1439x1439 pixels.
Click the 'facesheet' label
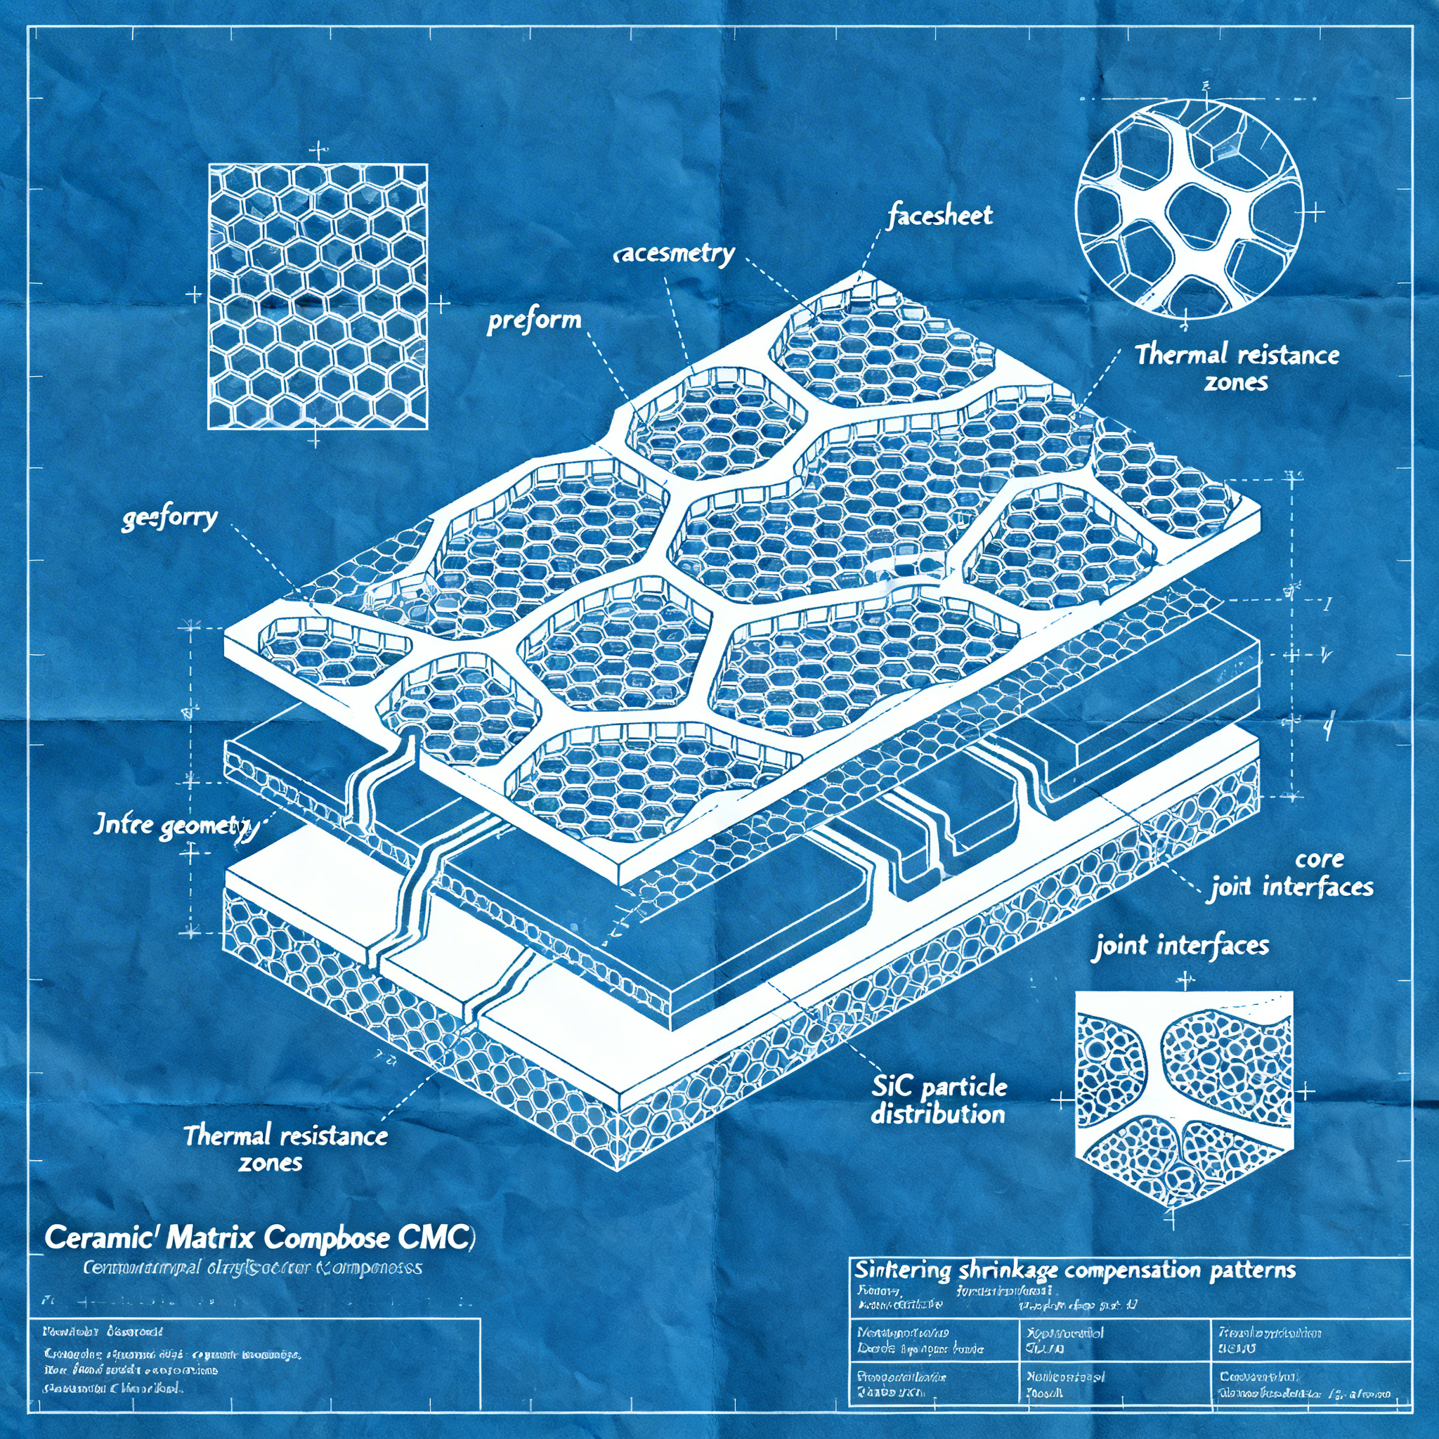click(x=940, y=216)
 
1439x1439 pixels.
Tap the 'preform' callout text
click(x=534, y=321)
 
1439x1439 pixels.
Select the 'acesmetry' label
click(x=674, y=254)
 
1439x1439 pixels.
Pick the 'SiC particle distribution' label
click(x=939, y=1100)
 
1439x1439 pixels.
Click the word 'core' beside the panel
click(x=1319, y=859)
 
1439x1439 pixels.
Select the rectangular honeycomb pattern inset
click(x=318, y=297)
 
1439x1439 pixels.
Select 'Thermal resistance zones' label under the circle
click(x=1237, y=367)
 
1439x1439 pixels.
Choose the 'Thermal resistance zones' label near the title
click(x=285, y=1148)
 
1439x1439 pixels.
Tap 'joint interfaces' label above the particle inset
click(x=1182, y=946)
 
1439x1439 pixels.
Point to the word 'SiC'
click(x=892, y=1088)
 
